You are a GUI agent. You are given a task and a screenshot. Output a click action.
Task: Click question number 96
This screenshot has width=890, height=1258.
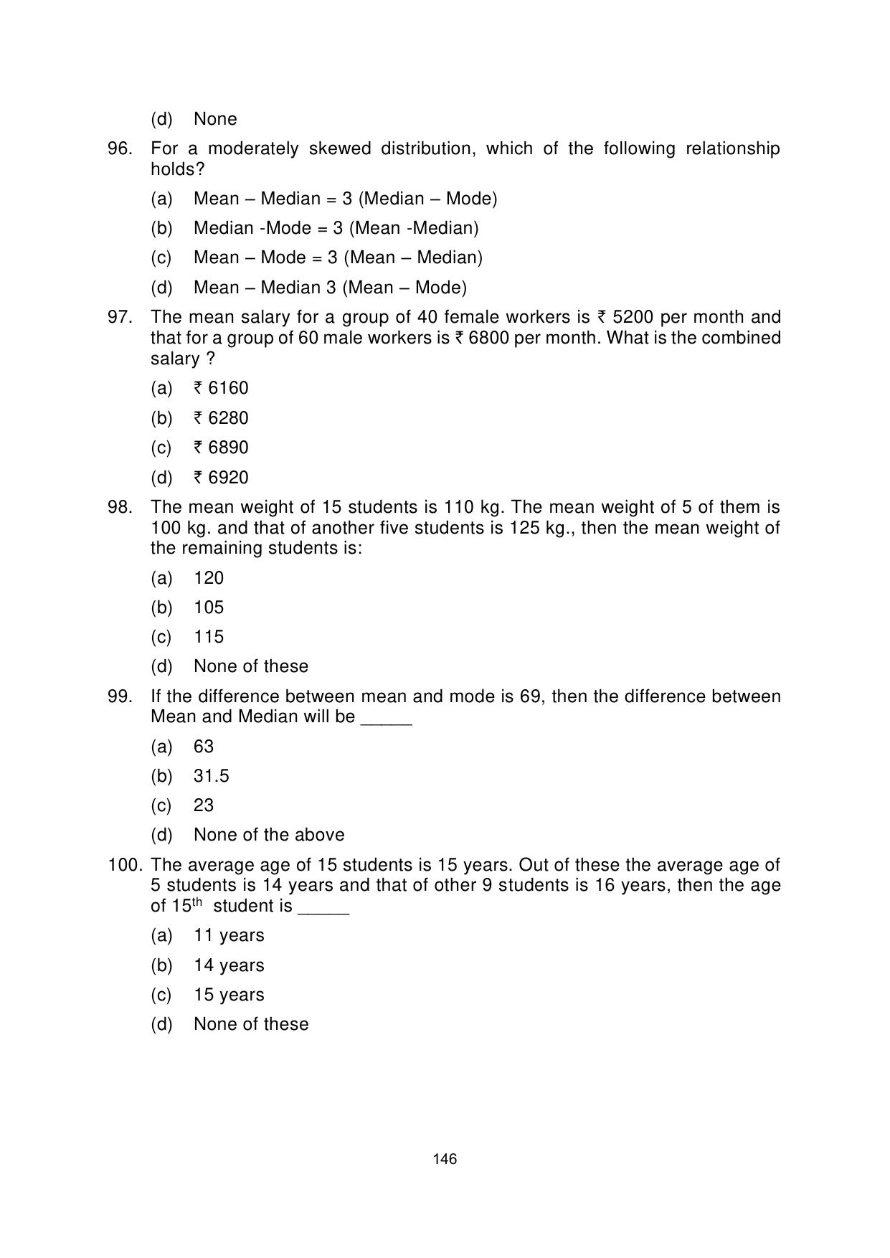click(119, 149)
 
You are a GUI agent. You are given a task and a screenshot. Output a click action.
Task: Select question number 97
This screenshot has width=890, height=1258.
click(119, 317)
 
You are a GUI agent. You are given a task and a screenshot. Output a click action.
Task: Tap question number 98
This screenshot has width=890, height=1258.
click(119, 507)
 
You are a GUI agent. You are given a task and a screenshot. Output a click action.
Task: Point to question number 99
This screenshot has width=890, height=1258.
click(119, 696)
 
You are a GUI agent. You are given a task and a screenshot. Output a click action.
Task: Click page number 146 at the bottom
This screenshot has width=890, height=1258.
click(445, 1159)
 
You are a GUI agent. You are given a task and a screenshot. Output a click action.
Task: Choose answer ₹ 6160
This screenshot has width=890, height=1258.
click(221, 389)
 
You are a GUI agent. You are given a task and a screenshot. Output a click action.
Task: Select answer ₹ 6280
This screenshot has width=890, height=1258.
click(221, 418)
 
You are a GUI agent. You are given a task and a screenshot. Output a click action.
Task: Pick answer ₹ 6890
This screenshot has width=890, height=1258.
click(221, 448)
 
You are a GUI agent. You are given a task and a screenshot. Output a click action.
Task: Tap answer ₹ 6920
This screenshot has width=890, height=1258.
click(221, 478)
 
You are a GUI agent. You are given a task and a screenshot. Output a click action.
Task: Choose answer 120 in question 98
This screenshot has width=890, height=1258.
click(209, 578)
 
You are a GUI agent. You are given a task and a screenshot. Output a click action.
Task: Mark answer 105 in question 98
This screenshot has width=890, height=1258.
click(209, 607)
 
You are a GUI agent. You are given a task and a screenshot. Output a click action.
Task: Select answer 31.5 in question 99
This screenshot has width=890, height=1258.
click(211, 776)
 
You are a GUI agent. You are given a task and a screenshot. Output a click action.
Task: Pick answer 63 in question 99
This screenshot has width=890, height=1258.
click(204, 747)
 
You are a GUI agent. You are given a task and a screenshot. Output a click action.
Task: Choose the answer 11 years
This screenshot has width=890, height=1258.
click(229, 935)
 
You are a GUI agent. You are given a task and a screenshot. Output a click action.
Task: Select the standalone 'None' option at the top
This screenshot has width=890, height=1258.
click(215, 119)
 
